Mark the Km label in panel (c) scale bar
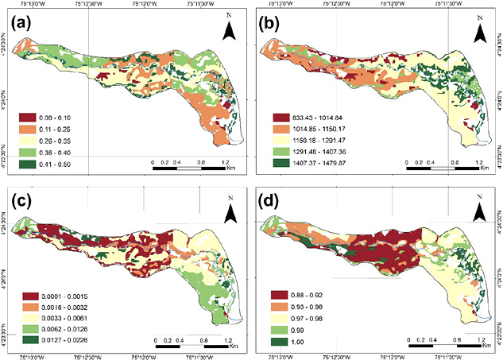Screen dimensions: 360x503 coord(230,347)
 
